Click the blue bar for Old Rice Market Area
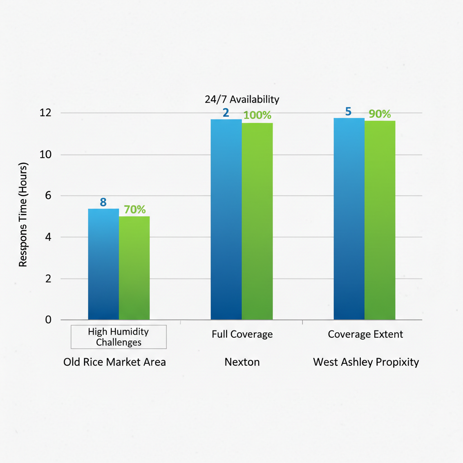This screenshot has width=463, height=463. [104, 264]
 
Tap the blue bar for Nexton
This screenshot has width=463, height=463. [227, 219]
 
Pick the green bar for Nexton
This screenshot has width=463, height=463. [257, 221]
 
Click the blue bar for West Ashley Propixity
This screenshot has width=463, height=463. [349, 219]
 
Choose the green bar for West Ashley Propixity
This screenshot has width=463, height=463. [380, 220]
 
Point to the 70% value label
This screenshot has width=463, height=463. [135, 209]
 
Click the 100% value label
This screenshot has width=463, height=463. [257, 115]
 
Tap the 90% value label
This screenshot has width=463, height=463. [379, 114]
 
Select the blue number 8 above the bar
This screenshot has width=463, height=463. [104, 202]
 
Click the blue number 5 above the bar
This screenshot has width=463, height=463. [348, 111]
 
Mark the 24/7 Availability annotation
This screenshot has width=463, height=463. [242, 99]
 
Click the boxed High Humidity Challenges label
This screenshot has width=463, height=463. [118, 337]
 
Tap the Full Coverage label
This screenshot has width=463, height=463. [242, 335]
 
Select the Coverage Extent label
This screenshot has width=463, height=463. [365, 335]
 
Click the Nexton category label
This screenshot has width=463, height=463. [242, 362]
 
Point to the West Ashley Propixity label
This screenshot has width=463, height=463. [366, 362]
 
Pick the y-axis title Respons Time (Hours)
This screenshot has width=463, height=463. [23, 215]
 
